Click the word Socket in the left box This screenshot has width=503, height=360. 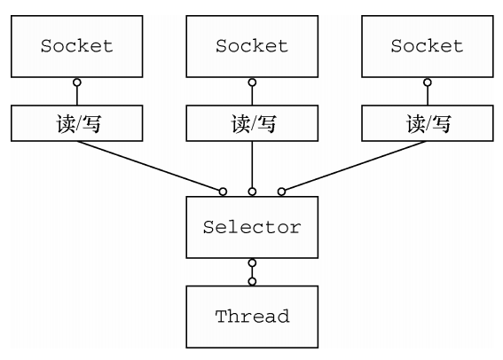[x=76, y=46]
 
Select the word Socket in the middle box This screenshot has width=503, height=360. [x=252, y=46]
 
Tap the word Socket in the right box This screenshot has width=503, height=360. [x=427, y=46]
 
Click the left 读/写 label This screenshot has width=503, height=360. [x=79, y=123]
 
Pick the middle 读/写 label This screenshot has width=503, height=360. [x=254, y=123]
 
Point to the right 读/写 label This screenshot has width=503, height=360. [x=428, y=123]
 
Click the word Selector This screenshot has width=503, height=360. [x=252, y=227]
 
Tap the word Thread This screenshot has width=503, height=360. [x=253, y=317]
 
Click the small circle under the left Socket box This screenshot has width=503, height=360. [x=77, y=82]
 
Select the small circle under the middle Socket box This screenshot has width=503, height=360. [x=252, y=82]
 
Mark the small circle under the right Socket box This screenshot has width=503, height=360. [x=428, y=82]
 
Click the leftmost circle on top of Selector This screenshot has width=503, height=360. [x=223, y=192]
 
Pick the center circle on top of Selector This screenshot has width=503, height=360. [x=252, y=192]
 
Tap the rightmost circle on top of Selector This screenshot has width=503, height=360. [x=281, y=192]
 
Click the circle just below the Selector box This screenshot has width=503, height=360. [x=252, y=262]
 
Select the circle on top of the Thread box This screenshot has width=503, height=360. [x=252, y=281]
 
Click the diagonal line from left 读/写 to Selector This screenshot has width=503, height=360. [x=148, y=166]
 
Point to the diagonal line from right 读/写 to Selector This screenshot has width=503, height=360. [x=356, y=166]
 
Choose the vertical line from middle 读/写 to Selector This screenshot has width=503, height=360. [x=252, y=164]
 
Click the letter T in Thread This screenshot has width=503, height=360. [x=221, y=317]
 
